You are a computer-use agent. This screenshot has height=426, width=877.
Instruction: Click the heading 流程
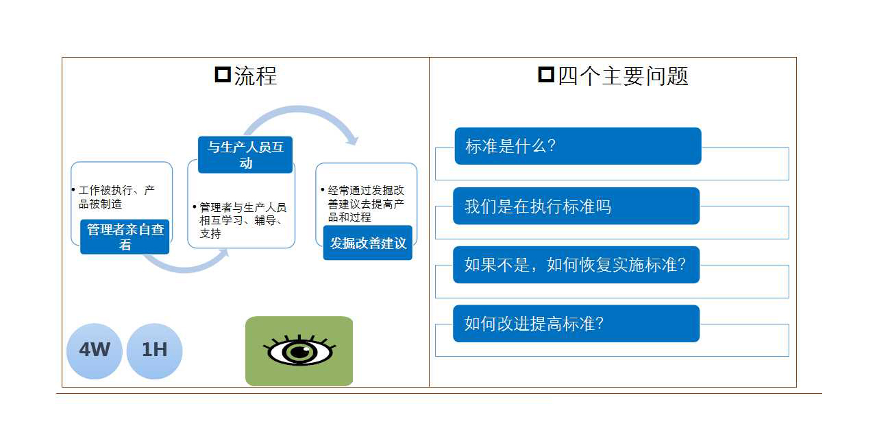(256, 76)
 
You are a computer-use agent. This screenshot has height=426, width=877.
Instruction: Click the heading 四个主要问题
(623, 76)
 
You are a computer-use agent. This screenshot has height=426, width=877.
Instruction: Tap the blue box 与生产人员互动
(245, 155)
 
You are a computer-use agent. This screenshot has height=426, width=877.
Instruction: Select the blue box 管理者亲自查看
(125, 237)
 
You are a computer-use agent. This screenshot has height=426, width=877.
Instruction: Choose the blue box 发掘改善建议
(368, 243)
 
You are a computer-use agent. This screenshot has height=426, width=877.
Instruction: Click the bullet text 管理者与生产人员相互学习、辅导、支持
(240, 220)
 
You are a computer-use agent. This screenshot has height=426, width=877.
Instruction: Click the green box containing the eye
(299, 351)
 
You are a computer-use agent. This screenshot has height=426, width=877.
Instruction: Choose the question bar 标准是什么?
(578, 146)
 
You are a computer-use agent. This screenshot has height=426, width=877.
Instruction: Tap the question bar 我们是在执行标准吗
(576, 206)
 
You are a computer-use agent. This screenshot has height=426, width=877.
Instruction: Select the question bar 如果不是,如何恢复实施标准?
(576, 265)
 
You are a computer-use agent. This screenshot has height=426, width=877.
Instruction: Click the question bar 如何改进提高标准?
(576, 324)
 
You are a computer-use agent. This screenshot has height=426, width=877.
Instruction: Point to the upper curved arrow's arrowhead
(352, 140)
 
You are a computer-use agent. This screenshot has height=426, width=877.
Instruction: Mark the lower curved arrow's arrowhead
(224, 252)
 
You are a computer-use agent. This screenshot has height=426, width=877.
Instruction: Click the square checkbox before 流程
(223, 75)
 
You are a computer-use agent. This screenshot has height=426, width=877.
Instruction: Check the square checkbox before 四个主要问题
(546, 75)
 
